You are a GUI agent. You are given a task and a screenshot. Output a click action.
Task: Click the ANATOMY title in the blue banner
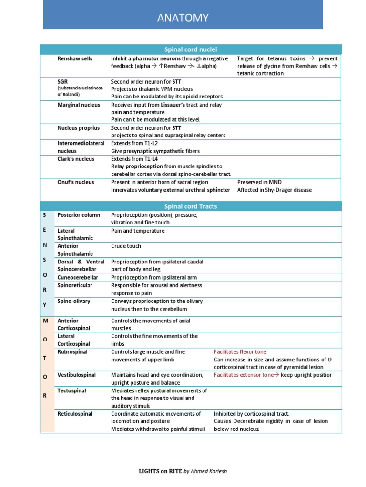(x=183, y=19)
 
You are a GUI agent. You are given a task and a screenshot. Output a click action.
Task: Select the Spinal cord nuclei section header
(x=191, y=49)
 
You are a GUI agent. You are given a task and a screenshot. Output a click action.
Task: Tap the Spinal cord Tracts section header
(x=191, y=206)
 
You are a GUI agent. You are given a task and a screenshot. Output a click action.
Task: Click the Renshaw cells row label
(x=75, y=58)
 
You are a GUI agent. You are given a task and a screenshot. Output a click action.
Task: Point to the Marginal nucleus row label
(x=79, y=105)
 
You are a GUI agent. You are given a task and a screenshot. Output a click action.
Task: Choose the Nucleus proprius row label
(x=79, y=128)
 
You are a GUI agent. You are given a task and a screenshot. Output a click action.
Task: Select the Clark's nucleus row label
(x=76, y=159)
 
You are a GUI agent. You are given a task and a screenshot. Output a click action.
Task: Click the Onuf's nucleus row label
(x=76, y=182)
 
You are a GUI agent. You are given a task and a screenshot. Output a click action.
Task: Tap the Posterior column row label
(x=79, y=215)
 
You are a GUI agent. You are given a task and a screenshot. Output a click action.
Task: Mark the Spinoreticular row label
(x=75, y=285)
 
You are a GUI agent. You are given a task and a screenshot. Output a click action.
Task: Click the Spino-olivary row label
(x=73, y=301)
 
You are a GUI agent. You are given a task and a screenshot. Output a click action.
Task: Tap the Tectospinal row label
(x=72, y=390)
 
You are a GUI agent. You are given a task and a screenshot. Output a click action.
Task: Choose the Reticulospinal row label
(x=75, y=414)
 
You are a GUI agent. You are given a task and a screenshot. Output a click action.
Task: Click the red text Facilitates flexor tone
(x=240, y=352)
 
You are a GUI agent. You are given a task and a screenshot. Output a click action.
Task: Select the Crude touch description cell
(x=126, y=246)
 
